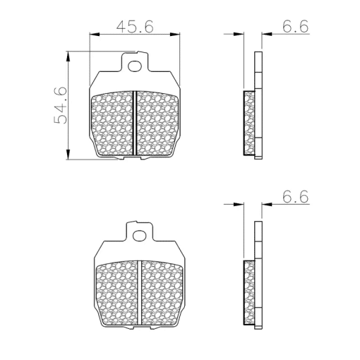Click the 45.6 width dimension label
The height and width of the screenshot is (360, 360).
(x=135, y=26)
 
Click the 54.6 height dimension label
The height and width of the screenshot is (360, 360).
(x=61, y=105)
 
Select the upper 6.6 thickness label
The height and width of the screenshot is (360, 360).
(x=295, y=26)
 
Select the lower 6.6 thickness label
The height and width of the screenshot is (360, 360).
(x=295, y=196)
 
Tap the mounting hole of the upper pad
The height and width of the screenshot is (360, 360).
(x=135, y=66)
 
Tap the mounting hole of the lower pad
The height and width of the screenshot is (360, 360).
(x=140, y=236)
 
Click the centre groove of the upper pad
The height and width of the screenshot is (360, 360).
(x=135, y=123)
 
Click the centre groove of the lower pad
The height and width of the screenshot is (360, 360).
(x=140, y=293)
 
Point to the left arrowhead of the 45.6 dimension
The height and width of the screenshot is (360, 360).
(x=95, y=35)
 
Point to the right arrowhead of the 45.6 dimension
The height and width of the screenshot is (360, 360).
(x=175, y=35)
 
